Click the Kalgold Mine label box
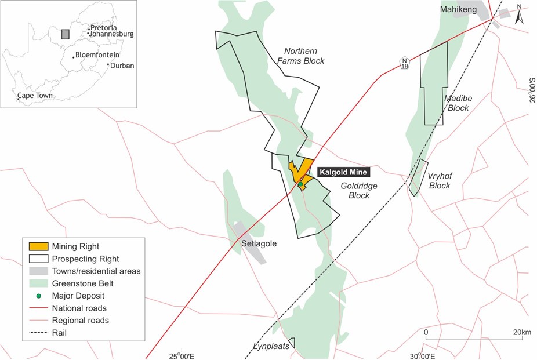click(343, 172)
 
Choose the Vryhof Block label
click(439, 181)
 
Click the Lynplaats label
click(270, 347)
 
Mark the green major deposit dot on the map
click(300, 184)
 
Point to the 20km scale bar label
click(522, 332)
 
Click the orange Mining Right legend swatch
click(35, 246)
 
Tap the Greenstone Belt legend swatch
click(35, 283)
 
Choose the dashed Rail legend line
click(35, 333)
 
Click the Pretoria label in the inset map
click(104, 27)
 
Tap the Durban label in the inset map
click(122, 66)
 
